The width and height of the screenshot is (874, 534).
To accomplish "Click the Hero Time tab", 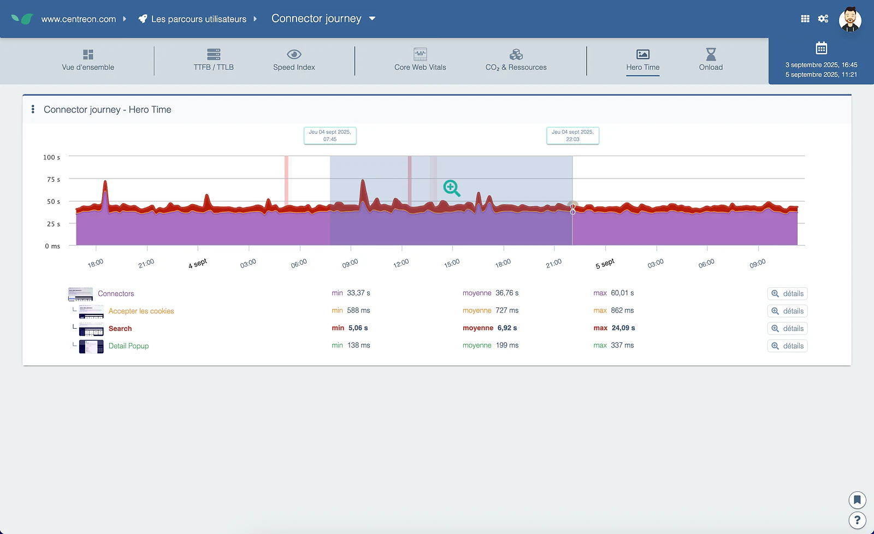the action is click(x=642, y=61).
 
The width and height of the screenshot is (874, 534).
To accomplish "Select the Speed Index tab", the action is click(x=294, y=61).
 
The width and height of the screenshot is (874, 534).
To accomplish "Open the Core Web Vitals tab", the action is click(x=420, y=61).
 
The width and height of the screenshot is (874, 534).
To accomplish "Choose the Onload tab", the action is click(x=711, y=61).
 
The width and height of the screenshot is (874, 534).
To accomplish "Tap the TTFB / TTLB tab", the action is click(x=214, y=61).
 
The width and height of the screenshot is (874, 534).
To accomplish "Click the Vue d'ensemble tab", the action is click(x=88, y=61).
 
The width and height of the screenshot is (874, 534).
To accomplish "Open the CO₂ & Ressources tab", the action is click(x=516, y=61).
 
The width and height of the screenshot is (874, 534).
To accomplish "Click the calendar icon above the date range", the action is click(x=822, y=48).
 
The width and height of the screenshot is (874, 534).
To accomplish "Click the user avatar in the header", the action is click(x=850, y=19).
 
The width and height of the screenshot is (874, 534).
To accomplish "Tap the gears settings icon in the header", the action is click(x=823, y=19).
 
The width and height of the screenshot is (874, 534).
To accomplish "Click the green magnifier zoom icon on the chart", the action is click(x=452, y=188).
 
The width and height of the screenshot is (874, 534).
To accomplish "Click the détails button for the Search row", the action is click(x=787, y=329).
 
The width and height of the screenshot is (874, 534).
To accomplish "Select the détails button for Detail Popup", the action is click(x=787, y=346).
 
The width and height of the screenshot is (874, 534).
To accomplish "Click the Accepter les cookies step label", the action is click(x=141, y=311).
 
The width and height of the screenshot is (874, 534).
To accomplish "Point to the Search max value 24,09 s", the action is click(x=623, y=328).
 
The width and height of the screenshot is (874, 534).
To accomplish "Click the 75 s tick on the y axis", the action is click(x=54, y=180).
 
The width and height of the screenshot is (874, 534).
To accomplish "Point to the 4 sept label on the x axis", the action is click(x=197, y=264).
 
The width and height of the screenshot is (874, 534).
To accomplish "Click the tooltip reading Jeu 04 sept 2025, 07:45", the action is click(x=330, y=136).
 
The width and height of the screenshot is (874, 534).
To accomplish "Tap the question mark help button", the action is click(x=857, y=520).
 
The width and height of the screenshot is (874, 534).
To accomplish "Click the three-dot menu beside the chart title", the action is click(x=33, y=109).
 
